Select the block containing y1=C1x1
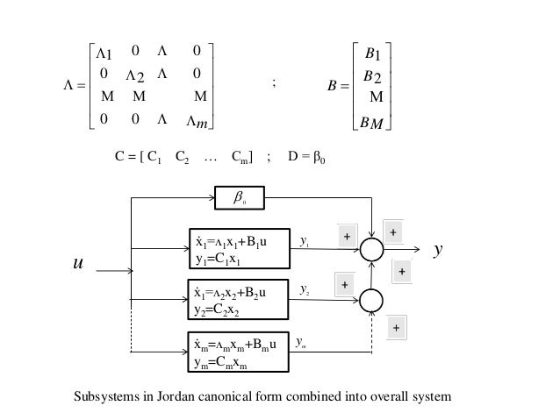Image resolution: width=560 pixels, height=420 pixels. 239,246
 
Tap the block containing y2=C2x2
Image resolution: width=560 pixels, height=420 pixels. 239,298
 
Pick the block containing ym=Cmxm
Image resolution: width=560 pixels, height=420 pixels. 239,351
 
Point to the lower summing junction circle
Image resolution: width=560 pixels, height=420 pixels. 372,299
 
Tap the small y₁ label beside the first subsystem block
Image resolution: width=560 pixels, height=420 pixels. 304,237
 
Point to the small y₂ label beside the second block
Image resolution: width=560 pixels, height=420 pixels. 304,288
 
